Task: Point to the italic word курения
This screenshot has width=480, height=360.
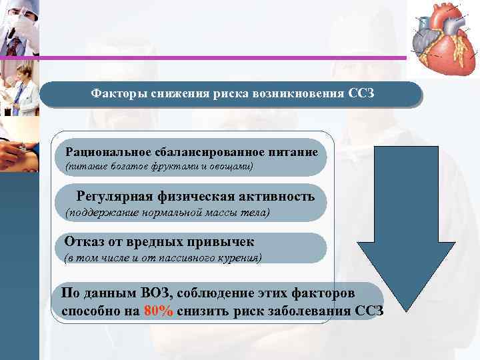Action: (239, 257)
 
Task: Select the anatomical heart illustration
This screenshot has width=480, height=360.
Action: (443, 38)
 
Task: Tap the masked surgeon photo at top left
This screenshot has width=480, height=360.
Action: (19, 27)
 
